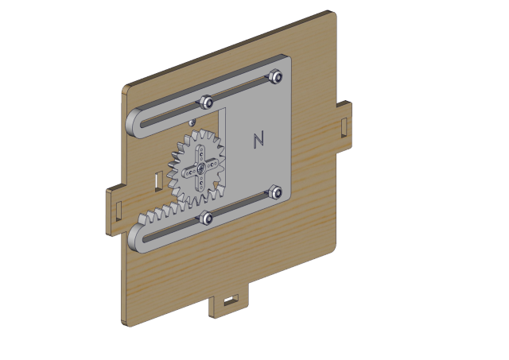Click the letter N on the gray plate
pos(258,139)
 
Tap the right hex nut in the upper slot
pos(276,76)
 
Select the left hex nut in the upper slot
pos(206,103)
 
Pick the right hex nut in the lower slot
pos(276,192)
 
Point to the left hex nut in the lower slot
pos(206,218)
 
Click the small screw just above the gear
pos(192,122)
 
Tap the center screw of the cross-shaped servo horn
pos(200,168)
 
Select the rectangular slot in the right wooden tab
pos(344,127)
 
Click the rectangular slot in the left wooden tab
pos(119,211)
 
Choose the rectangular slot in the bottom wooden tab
pos(231,300)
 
